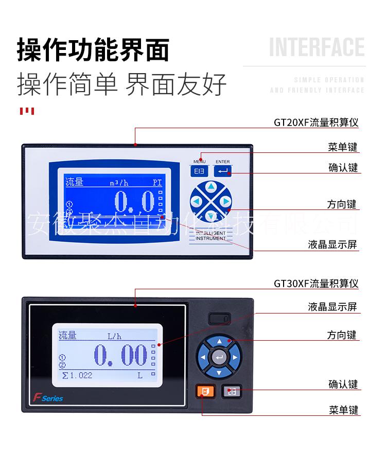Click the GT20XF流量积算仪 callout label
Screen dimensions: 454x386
tap(316, 123)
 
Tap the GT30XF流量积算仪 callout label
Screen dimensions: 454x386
tap(316, 284)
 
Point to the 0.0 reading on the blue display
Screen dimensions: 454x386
tap(134, 202)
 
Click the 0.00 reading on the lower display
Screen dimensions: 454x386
tap(120, 355)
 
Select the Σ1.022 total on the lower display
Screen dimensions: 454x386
tap(77, 375)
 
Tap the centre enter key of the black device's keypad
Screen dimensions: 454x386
tap(220, 357)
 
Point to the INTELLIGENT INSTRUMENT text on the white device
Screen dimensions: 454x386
tap(210, 236)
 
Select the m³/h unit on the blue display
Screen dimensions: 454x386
tap(119, 182)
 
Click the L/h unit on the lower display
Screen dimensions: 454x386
tap(114, 337)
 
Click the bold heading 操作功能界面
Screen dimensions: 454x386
tap(93, 49)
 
